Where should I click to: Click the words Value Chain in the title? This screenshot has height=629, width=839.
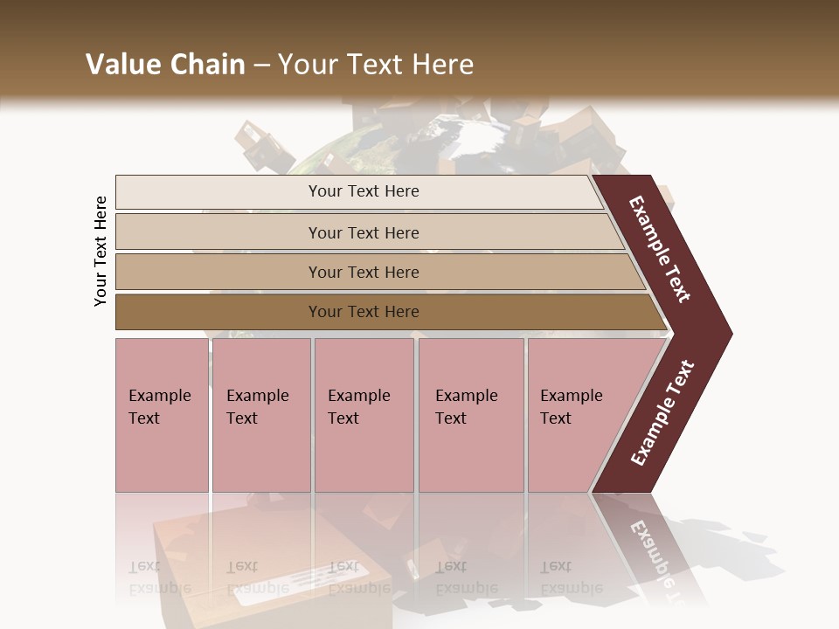click(165, 65)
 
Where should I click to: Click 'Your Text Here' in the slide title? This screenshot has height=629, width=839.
click(376, 65)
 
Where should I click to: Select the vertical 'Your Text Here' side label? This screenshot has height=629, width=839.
click(101, 252)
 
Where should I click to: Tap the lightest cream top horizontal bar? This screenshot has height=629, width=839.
click(218, 192)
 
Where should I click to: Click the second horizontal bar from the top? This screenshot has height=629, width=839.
click(218, 232)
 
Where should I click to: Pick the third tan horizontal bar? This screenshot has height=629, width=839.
click(218, 272)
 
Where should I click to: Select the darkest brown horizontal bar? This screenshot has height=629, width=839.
click(218, 312)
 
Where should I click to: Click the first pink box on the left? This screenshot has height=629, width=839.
click(162, 415)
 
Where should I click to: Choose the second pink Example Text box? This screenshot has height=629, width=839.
click(261, 415)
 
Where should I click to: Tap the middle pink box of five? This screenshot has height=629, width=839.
click(364, 415)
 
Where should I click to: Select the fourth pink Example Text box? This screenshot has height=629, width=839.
click(471, 415)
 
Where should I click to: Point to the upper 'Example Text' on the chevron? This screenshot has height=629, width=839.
click(660, 249)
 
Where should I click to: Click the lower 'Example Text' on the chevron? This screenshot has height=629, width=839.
click(662, 412)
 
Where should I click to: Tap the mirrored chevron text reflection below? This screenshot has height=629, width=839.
click(651, 559)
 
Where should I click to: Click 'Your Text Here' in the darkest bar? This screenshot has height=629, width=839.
click(364, 312)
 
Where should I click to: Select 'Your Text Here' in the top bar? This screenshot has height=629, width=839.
click(364, 191)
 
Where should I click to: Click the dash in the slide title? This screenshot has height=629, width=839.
click(261, 66)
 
